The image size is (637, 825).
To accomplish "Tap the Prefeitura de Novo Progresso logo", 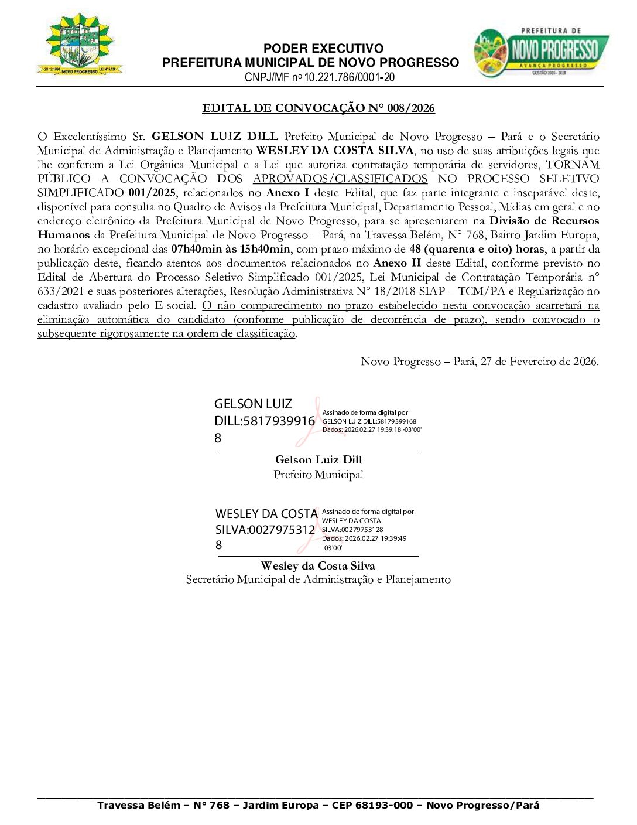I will (x=541, y=52).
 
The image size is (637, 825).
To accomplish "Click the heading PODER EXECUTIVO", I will (x=323, y=49).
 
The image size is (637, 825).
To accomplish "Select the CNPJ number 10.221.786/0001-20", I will (x=349, y=77).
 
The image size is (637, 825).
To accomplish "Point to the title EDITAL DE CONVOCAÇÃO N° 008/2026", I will (x=318, y=108).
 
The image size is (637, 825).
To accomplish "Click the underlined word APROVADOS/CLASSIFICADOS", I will (x=340, y=179).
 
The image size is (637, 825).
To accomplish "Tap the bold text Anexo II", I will (x=397, y=263).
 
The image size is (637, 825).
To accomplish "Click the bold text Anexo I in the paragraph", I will (x=287, y=193).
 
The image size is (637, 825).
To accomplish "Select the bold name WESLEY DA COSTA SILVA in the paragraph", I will (x=335, y=151).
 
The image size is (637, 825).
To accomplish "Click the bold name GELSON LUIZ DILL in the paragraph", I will (x=214, y=137).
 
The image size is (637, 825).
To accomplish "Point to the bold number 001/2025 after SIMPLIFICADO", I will (x=152, y=193).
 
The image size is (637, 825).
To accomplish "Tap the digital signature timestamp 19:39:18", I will (x=389, y=429).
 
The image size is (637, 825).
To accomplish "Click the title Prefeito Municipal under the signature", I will (x=318, y=475).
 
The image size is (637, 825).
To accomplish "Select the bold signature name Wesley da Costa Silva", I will (x=318, y=566).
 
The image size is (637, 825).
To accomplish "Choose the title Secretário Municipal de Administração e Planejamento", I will (x=318, y=579).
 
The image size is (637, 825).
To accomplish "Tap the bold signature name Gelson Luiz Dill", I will (x=318, y=460).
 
